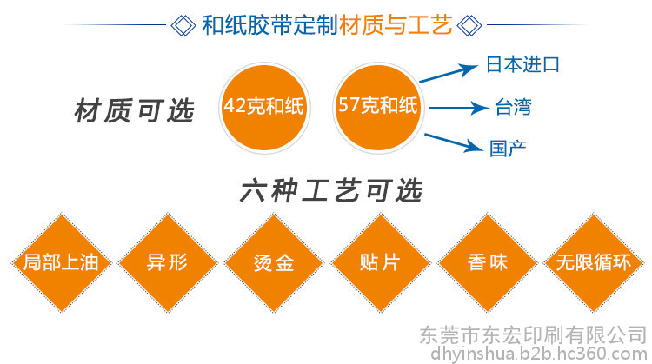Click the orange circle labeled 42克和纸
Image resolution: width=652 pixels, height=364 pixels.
coord(264,108)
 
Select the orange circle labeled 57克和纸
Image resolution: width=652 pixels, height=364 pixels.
coord(378,108)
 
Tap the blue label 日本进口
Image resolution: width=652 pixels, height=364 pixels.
coord(522,65)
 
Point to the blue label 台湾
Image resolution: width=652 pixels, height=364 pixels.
coord(513,107)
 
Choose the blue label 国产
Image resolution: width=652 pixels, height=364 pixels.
coord(508,149)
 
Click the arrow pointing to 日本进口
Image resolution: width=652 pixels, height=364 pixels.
coord(449,73)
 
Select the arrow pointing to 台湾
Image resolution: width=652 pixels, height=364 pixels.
coord(459,108)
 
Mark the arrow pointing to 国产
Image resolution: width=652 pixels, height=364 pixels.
coord(454,142)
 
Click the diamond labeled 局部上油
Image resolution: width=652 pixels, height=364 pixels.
coord(62,263)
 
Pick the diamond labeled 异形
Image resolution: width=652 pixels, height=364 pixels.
coord(168,263)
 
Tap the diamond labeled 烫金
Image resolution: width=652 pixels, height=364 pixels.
coord(274,263)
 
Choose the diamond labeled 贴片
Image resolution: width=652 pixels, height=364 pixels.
coord(381,263)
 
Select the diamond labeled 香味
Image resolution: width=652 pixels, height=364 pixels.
coord(488,263)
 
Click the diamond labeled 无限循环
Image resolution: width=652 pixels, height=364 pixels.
coord(594,263)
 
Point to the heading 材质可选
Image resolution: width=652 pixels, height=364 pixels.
coord(134,111)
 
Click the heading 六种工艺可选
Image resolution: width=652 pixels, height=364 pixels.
coord(331,191)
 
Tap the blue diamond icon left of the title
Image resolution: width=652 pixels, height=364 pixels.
coord(183,25)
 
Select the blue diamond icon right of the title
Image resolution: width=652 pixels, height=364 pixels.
coord(469,25)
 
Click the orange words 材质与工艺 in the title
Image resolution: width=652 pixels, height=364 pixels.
coord(396,25)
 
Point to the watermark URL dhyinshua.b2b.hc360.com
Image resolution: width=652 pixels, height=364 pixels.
coord(539,354)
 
